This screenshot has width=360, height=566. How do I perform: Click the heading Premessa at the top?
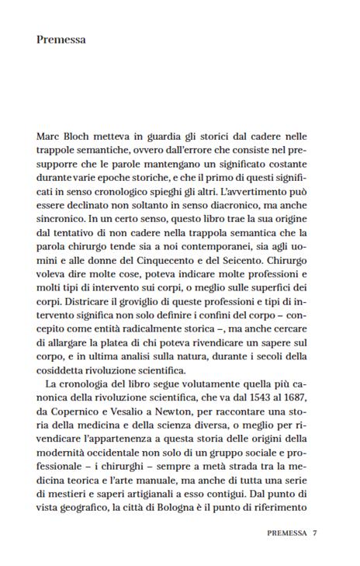tap(61, 40)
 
